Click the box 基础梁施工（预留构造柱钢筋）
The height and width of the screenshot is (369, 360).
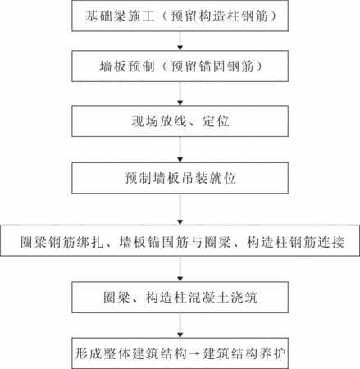(180, 16)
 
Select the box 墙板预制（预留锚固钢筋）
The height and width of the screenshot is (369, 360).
(180, 66)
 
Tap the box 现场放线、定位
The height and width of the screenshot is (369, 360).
(180, 121)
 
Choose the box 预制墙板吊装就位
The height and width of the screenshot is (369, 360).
(180, 178)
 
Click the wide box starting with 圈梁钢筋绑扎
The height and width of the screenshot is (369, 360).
(180, 240)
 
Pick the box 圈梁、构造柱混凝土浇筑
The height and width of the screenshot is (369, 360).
(180, 298)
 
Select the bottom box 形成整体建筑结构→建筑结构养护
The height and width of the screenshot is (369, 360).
(180, 353)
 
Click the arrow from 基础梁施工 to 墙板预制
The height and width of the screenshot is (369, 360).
(180, 41)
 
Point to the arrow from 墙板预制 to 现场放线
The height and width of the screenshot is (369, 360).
(180, 93)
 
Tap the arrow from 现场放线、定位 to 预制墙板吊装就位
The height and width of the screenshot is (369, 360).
(180, 149)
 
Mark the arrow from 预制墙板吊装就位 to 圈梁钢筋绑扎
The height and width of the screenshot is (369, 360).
(180, 209)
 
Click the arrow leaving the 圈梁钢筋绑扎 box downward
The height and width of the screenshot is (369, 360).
(180, 269)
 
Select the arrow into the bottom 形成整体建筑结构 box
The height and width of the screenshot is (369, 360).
(180, 326)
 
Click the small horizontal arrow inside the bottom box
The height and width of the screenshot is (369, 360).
(195, 354)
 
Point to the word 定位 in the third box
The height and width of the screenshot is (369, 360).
(216, 121)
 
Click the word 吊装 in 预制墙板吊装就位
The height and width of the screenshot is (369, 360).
(194, 178)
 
